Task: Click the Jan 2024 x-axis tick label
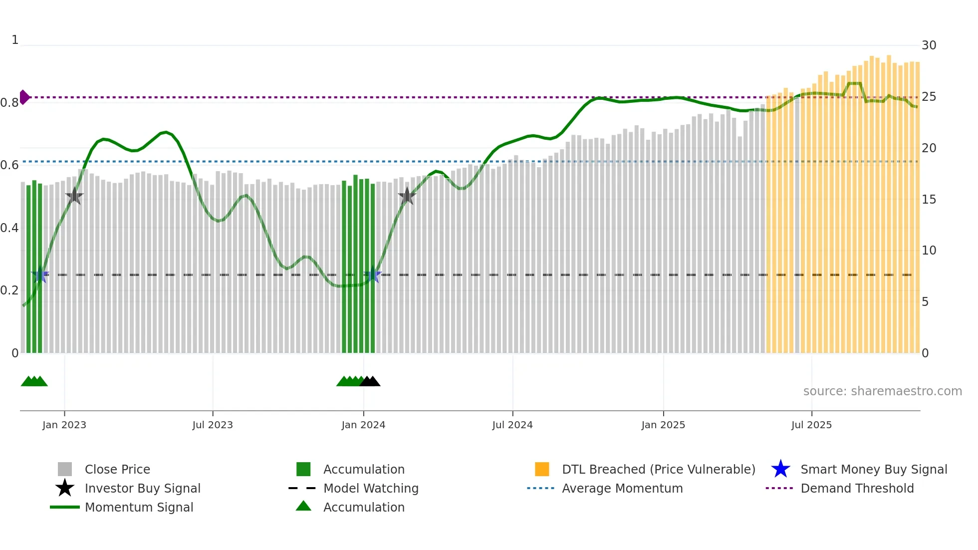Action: [x=363, y=425]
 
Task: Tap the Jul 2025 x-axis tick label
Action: [x=811, y=425]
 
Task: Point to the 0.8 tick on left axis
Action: [x=9, y=103]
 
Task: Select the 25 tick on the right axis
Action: [x=929, y=97]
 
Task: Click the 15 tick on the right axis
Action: [x=929, y=200]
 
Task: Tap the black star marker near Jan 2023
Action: [x=74, y=196]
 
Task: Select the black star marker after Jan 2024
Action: [x=407, y=196]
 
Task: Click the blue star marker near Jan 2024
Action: [x=373, y=275]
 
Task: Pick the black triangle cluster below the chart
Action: [x=370, y=382]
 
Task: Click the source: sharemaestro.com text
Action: [x=882, y=391]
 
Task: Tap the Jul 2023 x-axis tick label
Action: [x=213, y=425]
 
